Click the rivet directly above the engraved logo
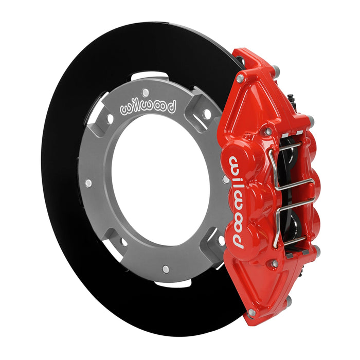click(x=146, y=93)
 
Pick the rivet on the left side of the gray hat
click(x=88, y=183)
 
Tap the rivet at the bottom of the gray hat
click(x=165, y=268)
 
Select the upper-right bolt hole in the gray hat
click(x=206, y=113)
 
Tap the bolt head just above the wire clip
click(x=268, y=132)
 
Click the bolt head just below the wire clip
click(x=275, y=263)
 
